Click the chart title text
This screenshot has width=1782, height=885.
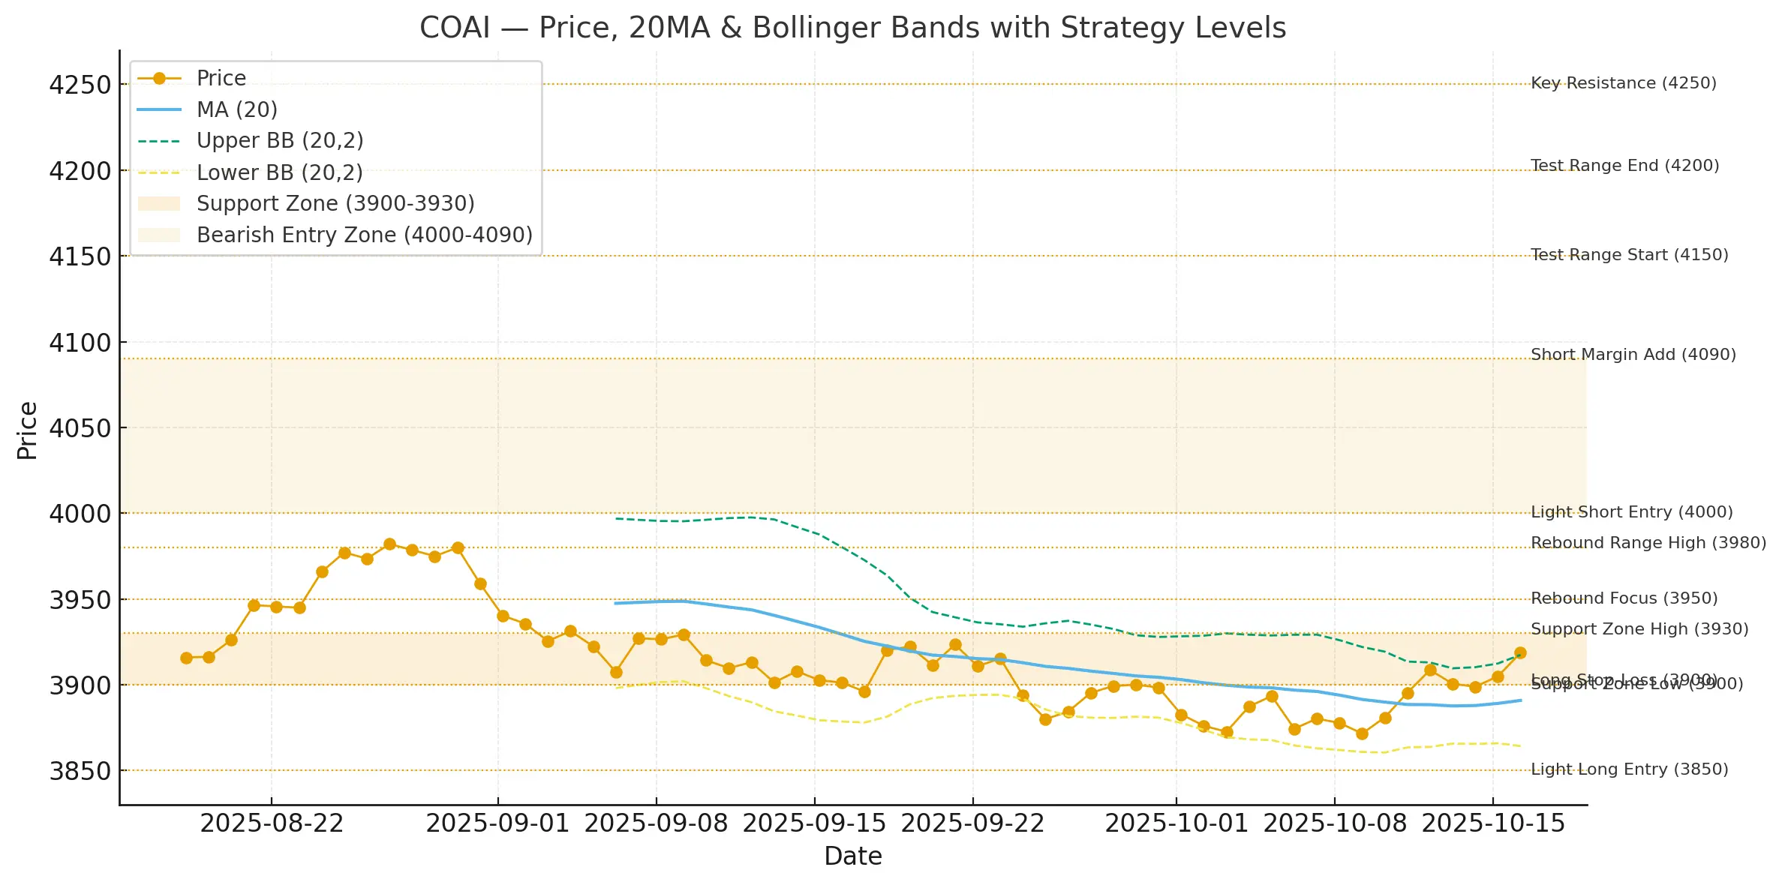(x=852, y=28)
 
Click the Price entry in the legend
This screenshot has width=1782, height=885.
(x=221, y=79)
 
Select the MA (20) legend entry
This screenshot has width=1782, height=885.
(x=236, y=110)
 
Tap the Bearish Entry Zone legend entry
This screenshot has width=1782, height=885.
(x=364, y=235)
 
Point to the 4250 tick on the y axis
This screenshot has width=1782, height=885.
(x=80, y=85)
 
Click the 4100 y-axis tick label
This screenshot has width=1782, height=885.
(x=80, y=343)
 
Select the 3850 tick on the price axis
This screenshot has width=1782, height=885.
(x=80, y=771)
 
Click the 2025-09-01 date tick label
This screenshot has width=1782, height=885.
(x=497, y=823)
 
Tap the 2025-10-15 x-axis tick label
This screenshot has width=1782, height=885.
(x=1493, y=823)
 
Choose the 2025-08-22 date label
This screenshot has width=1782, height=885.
(x=272, y=823)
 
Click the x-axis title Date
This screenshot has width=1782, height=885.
(x=852, y=856)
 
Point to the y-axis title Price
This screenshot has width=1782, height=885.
(x=27, y=430)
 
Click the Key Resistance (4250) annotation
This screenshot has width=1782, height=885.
(x=1623, y=83)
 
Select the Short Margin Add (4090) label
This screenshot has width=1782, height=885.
(x=1633, y=355)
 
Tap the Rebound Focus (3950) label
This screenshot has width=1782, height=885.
(x=1624, y=598)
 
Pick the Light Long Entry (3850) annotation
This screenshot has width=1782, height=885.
(x=1629, y=769)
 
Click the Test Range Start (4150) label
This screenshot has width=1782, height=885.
(x=1629, y=255)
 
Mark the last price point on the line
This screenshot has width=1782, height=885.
(x=1520, y=653)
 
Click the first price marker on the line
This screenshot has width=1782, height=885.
(x=186, y=658)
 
